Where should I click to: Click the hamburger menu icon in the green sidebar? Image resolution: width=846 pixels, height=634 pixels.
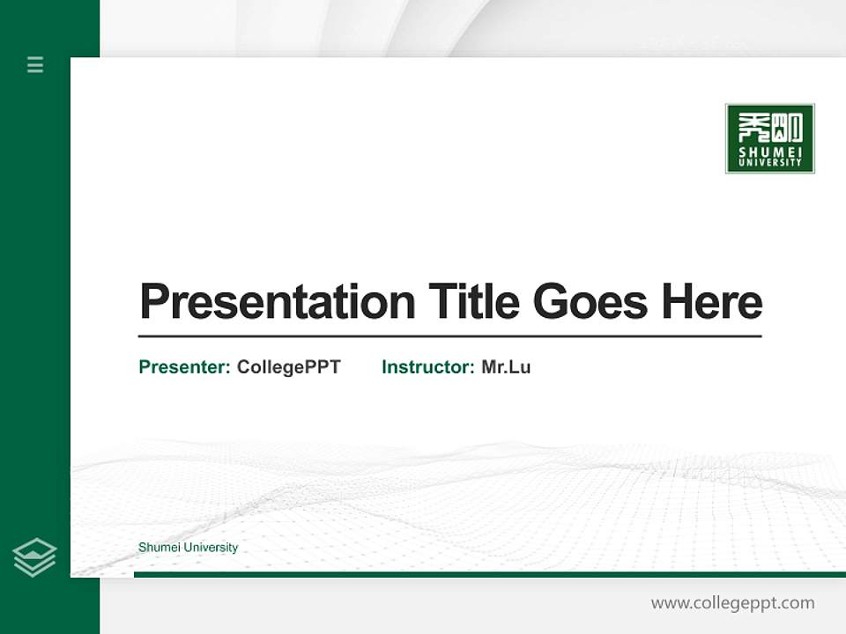(x=35, y=64)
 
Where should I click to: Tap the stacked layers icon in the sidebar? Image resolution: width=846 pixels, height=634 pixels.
(x=34, y=557)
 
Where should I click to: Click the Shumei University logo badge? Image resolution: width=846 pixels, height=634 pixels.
(x=769, y=138)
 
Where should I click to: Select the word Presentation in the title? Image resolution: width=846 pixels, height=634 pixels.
(x=277, y=302)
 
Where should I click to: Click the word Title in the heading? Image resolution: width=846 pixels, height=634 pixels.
(x=473, y=302)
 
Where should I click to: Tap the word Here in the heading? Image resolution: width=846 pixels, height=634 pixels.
(x=711, y=302)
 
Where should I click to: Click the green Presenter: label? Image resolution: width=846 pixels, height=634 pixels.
(x=184, y=367)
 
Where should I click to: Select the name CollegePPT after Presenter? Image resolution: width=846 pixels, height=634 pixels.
(x=288, y=367)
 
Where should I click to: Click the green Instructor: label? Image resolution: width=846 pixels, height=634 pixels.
(x=427, y=367)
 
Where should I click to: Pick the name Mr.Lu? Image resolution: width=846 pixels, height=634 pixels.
(x=506, y=367)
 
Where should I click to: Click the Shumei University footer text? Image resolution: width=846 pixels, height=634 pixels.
(x=188, y=548)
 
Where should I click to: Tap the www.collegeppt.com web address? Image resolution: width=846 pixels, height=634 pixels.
(x=732, y=603)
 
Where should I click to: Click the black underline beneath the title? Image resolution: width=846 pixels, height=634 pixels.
(x=449, y=335)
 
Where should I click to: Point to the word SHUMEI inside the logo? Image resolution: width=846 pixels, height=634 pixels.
(x=770, y=151)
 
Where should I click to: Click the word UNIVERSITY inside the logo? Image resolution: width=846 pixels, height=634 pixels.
(x=770, y=162)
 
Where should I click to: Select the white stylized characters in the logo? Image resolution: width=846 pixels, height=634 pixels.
(x=770, y=129)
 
